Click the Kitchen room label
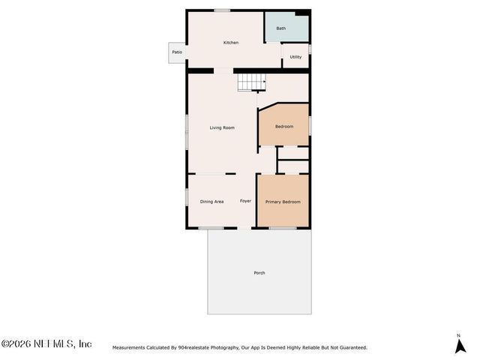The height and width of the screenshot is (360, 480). point(231,43)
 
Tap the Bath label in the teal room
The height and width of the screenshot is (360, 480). point(281,28)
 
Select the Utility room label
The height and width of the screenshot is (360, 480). point(295,57)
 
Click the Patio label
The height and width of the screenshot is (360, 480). point(177,52)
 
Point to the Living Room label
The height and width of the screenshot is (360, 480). point(222,127)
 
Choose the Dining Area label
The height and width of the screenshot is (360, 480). point(211,201)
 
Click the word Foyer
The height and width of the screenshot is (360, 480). point(245,201)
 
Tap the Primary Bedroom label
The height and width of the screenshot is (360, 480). point(283,202)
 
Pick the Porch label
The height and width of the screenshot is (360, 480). point(259,272)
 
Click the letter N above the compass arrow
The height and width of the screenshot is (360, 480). point(458,334)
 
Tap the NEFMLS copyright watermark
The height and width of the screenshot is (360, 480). point(46,343)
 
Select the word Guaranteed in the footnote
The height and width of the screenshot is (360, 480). point(349,347)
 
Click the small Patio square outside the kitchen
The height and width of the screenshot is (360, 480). point(177,53)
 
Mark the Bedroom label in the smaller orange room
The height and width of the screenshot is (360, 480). point(284,126)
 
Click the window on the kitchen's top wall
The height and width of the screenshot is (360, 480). point(222,10)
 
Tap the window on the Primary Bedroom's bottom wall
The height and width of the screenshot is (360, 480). point(283,227)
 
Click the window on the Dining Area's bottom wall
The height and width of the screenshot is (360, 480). point(211,227)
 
